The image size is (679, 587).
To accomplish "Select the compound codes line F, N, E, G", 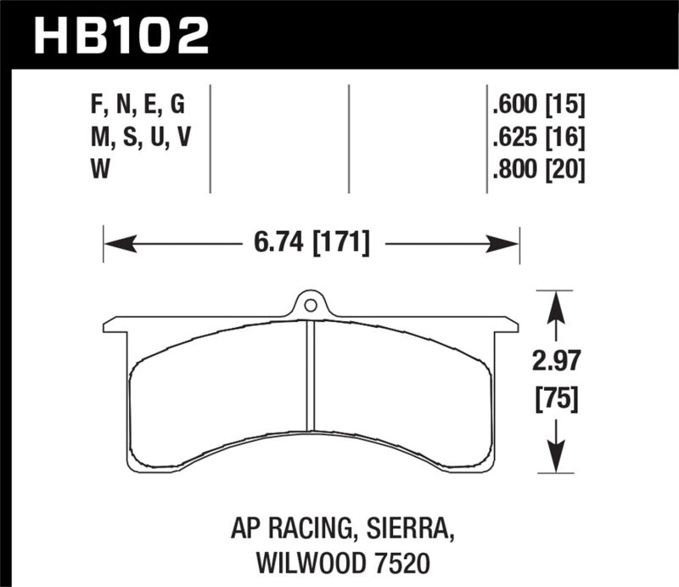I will [136, 105].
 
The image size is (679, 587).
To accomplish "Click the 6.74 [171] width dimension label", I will [311, 244].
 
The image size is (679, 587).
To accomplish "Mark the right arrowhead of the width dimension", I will [507, 244].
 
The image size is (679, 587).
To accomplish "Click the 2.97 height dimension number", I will [557, 364].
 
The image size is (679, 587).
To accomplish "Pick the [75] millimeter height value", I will [557, 398].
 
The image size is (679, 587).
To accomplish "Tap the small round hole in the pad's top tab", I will [311, 303].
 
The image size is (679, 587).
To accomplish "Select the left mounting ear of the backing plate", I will [115, 325].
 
